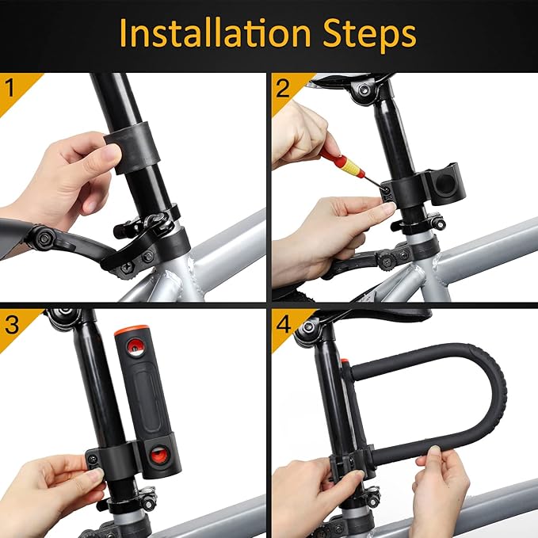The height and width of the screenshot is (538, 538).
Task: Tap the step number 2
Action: point(282,88)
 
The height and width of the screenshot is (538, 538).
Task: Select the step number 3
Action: point(10,323)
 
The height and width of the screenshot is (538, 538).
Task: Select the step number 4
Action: point(282,323)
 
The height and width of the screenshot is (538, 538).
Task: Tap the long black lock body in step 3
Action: point(147,396)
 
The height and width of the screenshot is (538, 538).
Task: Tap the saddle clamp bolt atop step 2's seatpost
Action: point(364,90)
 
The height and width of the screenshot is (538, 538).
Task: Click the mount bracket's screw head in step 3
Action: point(93,460)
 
